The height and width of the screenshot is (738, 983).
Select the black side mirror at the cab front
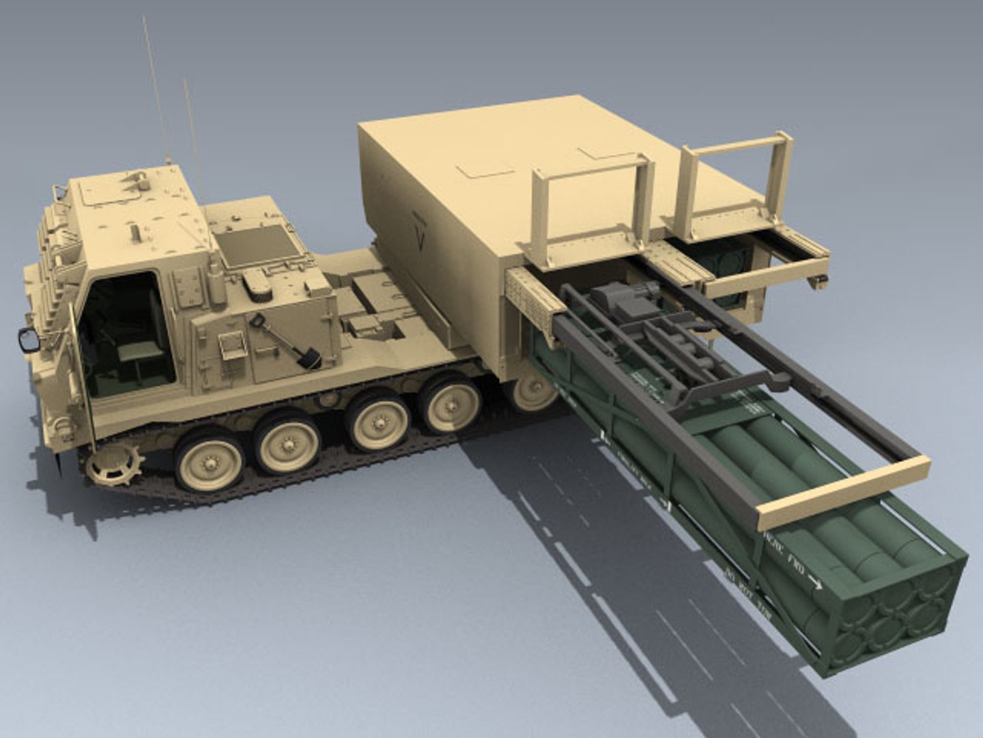(x=29, y=339)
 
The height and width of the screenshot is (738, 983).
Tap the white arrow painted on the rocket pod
(x=814, y=582)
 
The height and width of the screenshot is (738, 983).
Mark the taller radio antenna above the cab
(x=156, y=89)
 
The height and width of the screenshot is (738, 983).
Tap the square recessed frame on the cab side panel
(x=232, y=345)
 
